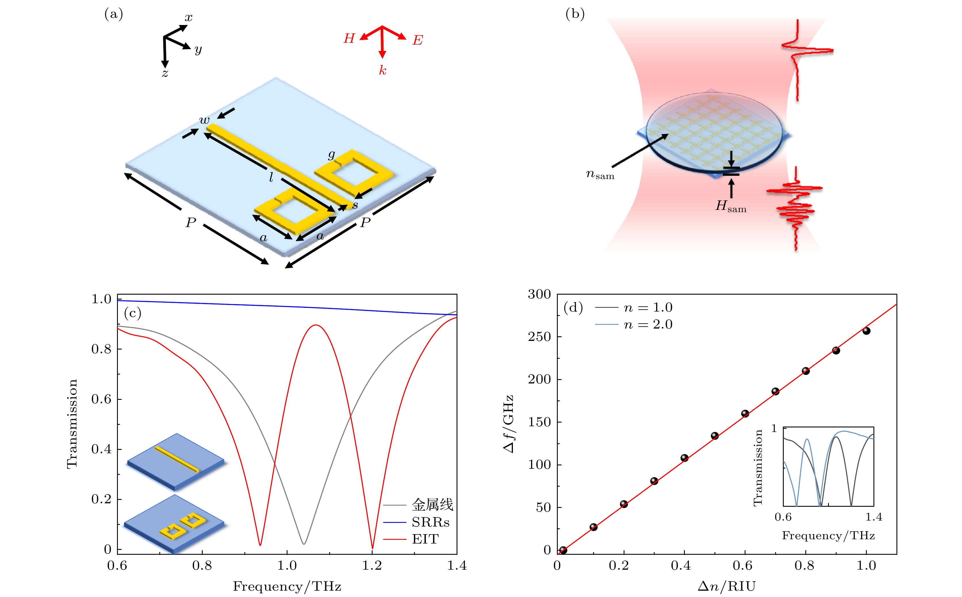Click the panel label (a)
(x=113, y=15)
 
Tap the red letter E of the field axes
(x=417, y=40)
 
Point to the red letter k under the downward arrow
(x=382, y=70)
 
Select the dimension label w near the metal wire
(x=204, y=120)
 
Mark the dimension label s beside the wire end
(x=355, y=205)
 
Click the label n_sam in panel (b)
(x=599, y=174)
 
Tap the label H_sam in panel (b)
(x=731, y=206)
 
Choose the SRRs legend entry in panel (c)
(x=430, y=522)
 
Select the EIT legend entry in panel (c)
(x=425, y=539)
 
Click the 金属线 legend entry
(x=432, y=505)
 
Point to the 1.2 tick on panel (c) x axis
(x=372, y=566)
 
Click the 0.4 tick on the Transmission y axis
(x=101, y=449)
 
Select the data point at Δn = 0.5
(x=714, y=436)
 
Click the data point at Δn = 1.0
(x=866, y=331)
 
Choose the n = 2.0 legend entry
(x=648, y=325)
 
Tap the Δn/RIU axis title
(x=726, y=586)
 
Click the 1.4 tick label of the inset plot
(x=873, y=517)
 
